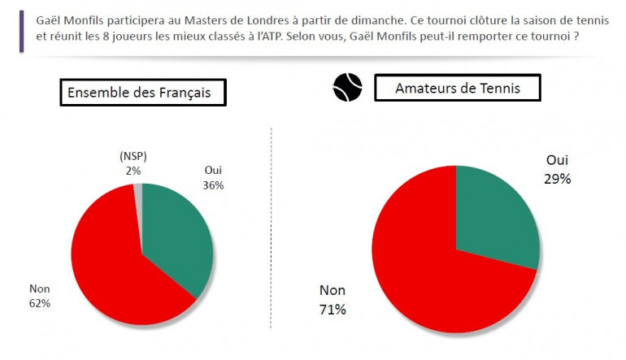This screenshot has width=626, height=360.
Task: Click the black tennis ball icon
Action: [347, 88]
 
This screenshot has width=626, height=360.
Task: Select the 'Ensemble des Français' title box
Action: [143, 93]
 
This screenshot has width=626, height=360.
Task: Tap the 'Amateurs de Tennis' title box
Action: [456, 88]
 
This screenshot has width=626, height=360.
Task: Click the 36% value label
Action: [213, 184]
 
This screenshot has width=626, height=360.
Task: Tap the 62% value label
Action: [40, 303]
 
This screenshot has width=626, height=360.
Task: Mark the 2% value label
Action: [133, 171]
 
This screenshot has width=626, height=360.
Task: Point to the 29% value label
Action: [557, 179]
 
